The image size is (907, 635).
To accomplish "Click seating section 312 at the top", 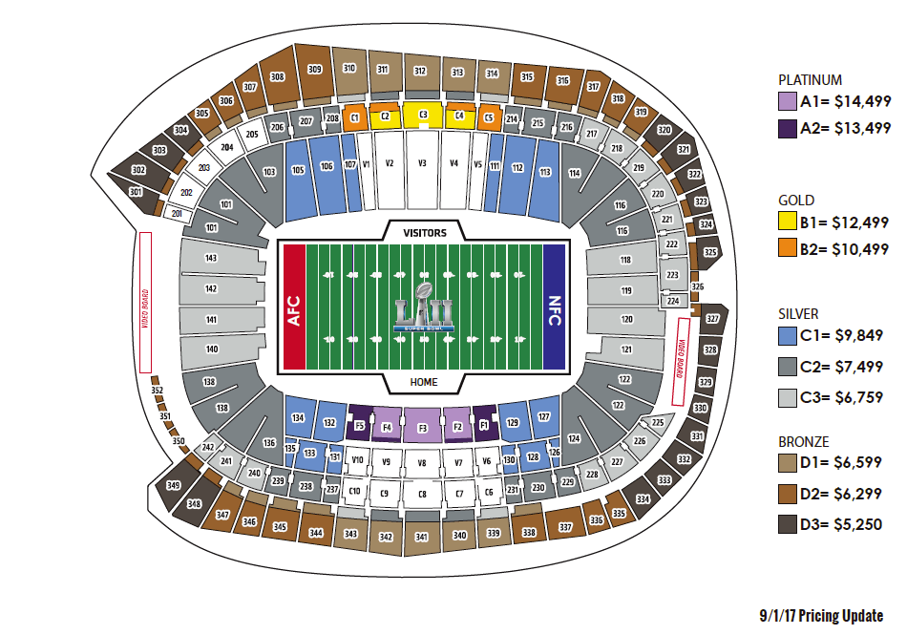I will (x=420, y=71).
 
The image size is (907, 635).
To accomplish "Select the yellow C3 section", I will (x=422, y=116).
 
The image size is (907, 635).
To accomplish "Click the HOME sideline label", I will (x=423, y=382).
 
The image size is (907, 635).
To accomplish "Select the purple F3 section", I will (x=422, y=429).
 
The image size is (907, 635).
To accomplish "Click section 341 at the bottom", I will (x=421, y=537).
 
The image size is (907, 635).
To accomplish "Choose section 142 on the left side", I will (x=211, y=288).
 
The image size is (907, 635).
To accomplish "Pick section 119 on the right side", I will (x=626, y=289).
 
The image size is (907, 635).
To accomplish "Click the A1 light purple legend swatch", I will (x=787, y=102).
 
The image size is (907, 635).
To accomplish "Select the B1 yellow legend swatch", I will (x=787, y=222).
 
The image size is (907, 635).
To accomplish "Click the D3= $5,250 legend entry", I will (x=831, y=524).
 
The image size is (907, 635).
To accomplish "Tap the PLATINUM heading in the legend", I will (x=809, y=80).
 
